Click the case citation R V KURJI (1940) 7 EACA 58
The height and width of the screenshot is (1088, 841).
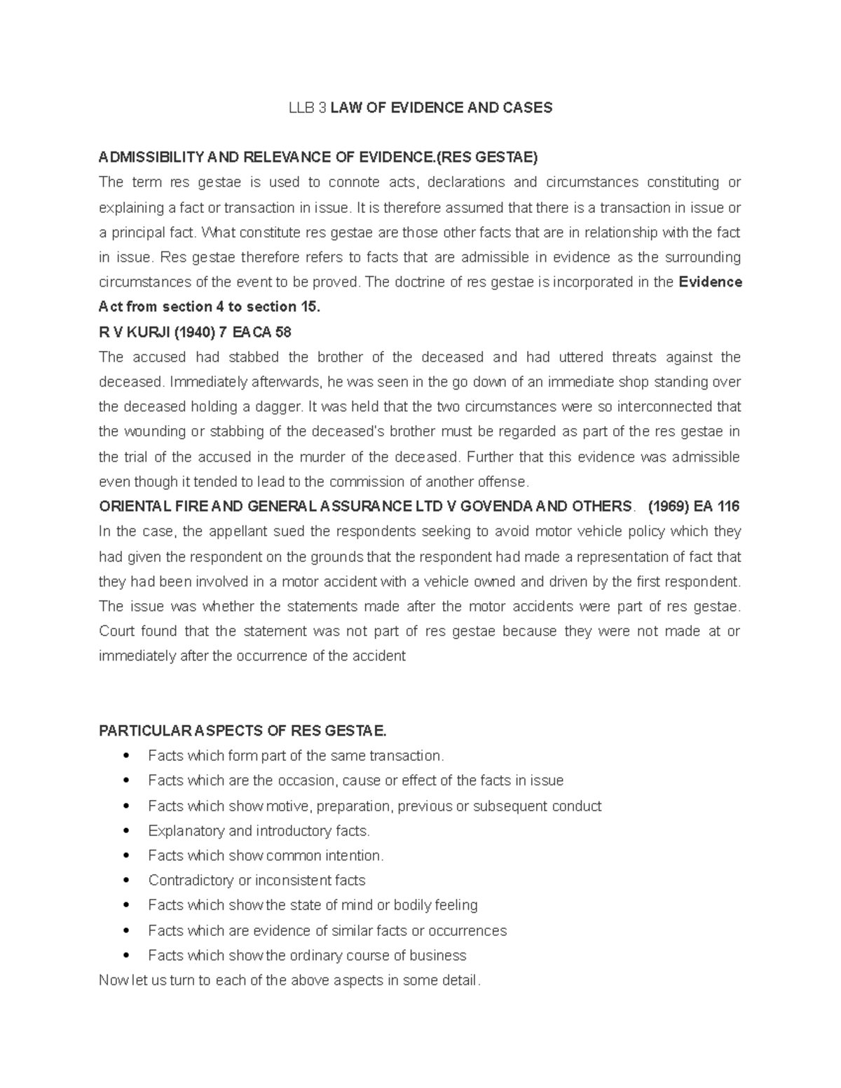click(195, 332)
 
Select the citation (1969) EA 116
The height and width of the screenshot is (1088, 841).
click(694, 507)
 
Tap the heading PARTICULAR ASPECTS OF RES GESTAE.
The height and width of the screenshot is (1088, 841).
click(242, 731)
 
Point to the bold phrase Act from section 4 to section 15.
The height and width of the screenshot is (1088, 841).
click(210, 307)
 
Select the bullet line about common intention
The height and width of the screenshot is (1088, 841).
click(266, 855)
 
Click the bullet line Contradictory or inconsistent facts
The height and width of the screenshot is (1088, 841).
click(257, 881)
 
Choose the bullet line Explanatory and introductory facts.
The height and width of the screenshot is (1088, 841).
click(259, 831)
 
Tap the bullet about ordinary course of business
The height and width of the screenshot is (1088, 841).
click(307, 956)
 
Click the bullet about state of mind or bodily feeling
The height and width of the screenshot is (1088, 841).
click(313, 905)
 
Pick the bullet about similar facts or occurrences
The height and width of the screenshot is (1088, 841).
click(327, 930)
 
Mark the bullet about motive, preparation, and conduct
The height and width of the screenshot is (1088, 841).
click(374, 806)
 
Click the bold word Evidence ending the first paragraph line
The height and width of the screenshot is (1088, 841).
click(711, 282)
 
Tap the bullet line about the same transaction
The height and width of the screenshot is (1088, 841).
click(296, 756)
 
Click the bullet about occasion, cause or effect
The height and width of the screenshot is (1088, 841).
click(355, 780)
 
